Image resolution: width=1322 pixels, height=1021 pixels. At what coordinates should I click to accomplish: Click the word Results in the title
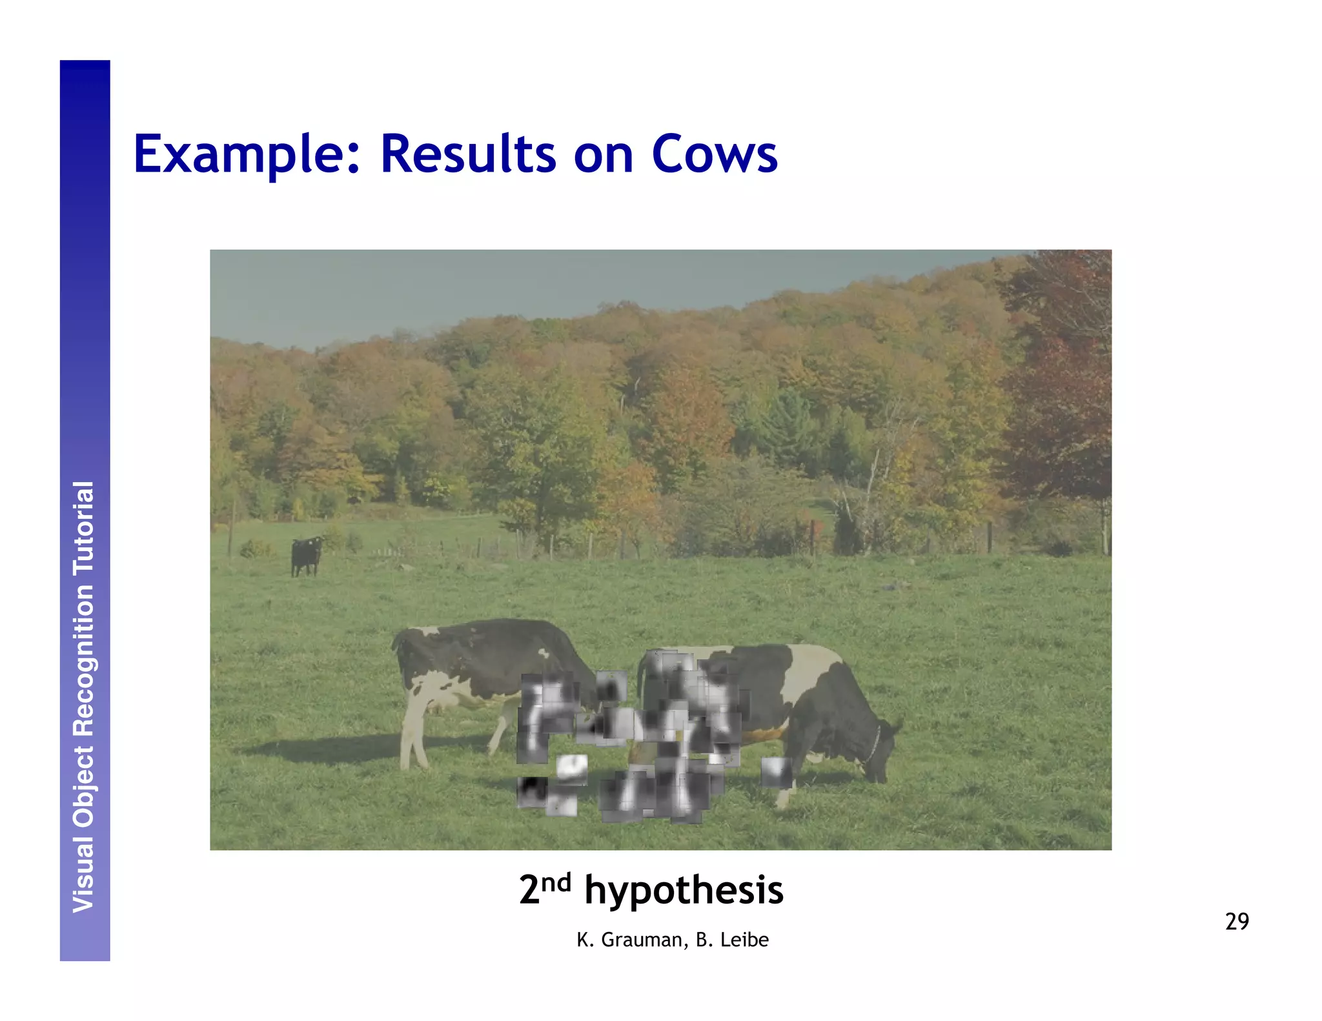tap(468, 155)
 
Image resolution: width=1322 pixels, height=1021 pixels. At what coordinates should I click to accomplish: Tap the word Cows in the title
tap(714, 155)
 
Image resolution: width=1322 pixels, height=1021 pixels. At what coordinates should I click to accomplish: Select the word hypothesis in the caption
tap(683, 891)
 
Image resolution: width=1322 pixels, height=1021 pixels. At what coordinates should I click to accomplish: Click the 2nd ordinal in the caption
tap(545, 889)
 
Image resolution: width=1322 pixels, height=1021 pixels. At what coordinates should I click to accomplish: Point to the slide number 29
tap(1236, 922)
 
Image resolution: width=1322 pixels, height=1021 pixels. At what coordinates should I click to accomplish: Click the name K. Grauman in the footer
tap(630, 940)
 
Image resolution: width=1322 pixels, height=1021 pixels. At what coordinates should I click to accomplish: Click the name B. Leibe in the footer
tap(732, 940)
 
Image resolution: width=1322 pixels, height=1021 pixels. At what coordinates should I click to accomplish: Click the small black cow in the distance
tap(305, 555)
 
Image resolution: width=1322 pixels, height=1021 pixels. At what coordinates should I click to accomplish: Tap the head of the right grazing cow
tap(879, 758)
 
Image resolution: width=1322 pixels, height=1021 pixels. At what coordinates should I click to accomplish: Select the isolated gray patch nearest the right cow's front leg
tap(775, 772)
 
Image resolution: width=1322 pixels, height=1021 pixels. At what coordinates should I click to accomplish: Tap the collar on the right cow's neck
tap(873, 742)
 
